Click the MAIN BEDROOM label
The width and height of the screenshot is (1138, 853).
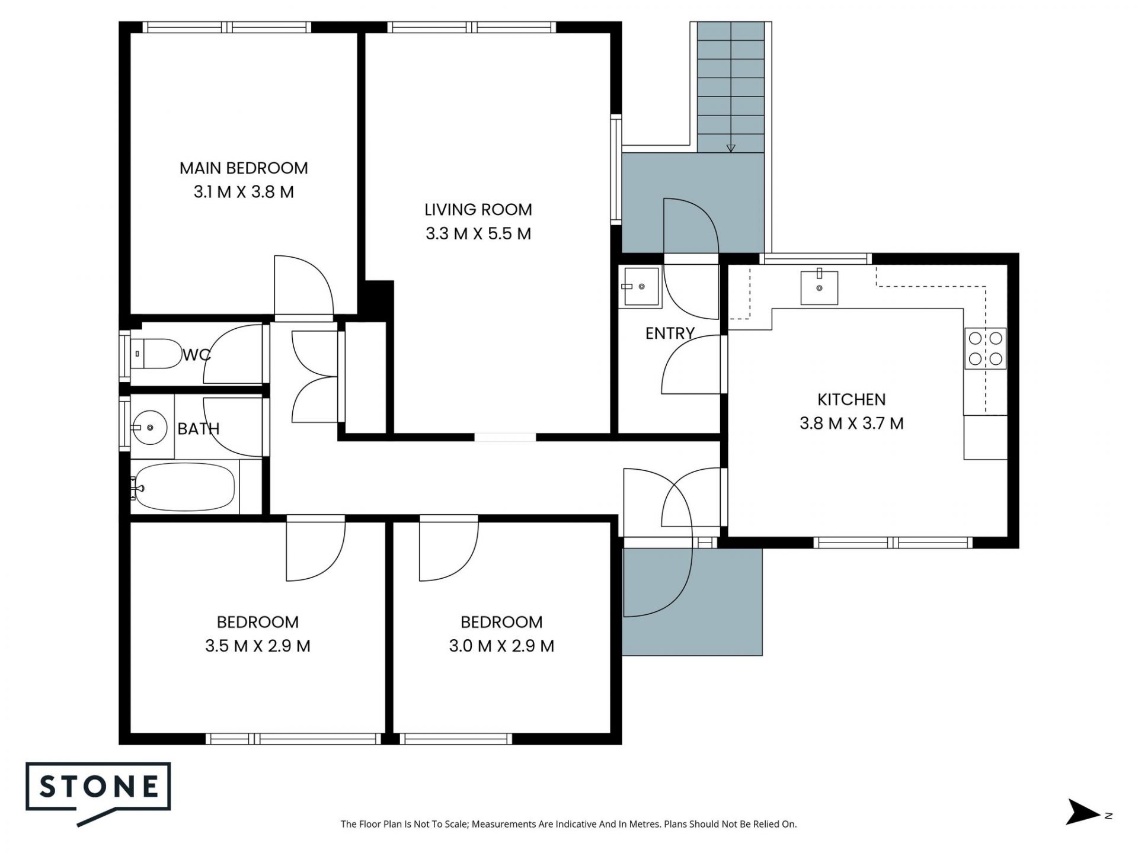pos(244,168)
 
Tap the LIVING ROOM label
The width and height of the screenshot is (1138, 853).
pos(478,210)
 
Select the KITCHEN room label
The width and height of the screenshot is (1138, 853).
pos(851,400)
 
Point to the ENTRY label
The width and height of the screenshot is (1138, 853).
pos(670,333)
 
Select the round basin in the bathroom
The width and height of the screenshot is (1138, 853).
pos(149,427)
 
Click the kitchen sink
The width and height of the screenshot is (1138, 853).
pos(819,287)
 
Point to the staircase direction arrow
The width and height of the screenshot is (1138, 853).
pos(731,148)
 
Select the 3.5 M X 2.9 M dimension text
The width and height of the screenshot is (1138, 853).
pos(258,646)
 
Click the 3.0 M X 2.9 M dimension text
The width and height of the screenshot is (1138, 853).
pos(501,646)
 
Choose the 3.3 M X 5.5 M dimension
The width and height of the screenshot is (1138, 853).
pos(478,234)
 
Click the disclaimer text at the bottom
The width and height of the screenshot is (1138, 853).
pos(568,824)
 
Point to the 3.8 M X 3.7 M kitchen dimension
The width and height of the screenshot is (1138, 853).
pos(851,424)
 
